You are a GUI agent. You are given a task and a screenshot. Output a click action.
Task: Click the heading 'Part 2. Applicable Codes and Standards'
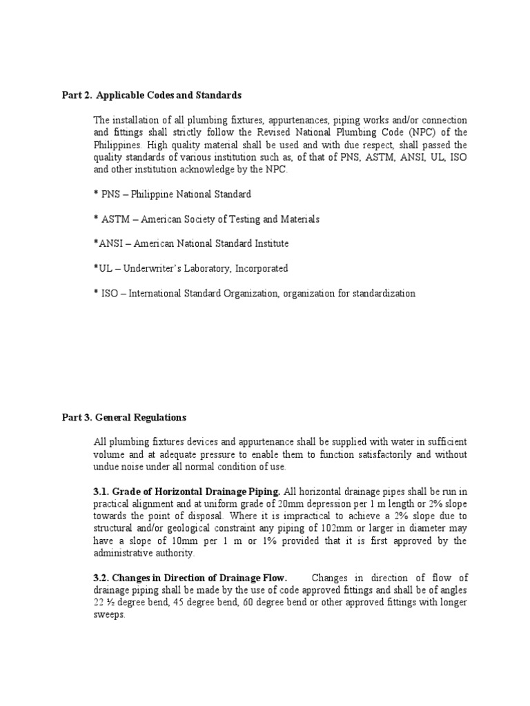[152, 94]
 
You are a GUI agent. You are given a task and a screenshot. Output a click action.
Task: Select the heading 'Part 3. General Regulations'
[124, 418]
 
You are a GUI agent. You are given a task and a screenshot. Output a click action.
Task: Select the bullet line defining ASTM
[206, 219]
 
